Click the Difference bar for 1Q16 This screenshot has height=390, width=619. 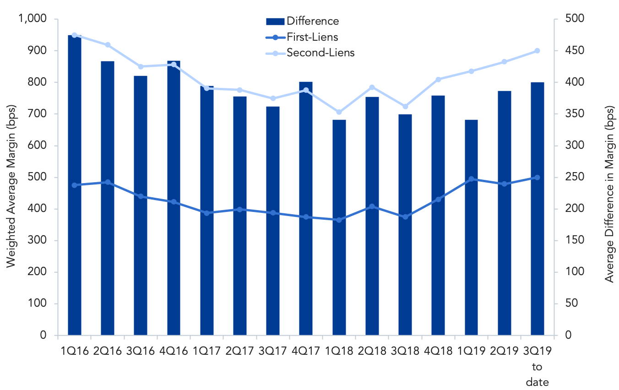(75, 185)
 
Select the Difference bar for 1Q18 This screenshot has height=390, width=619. (339, 227)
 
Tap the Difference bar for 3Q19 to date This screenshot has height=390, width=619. (537, 209)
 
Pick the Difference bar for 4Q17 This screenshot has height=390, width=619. (306, 209)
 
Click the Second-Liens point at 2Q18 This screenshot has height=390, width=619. (372, 87)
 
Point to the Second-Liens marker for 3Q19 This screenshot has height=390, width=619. (537, 51)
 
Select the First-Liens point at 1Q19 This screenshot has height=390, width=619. (472, 179)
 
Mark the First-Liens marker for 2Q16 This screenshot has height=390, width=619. (108, 182)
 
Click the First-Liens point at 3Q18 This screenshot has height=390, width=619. (405, 217)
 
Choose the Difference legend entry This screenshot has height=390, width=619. (302, 21)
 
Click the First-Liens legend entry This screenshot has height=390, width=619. (302, 37)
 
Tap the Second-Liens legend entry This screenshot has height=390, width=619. (310, 53)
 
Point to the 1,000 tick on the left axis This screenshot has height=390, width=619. (33, 19)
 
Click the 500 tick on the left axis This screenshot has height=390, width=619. (37, 177)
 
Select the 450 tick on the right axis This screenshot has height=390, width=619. (575, 50)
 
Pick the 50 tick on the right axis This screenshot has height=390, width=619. (571, 303)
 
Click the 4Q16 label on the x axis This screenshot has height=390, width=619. (174, 351)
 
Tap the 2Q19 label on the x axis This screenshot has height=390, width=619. (505, 351)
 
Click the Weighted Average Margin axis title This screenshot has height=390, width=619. (11, 186)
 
